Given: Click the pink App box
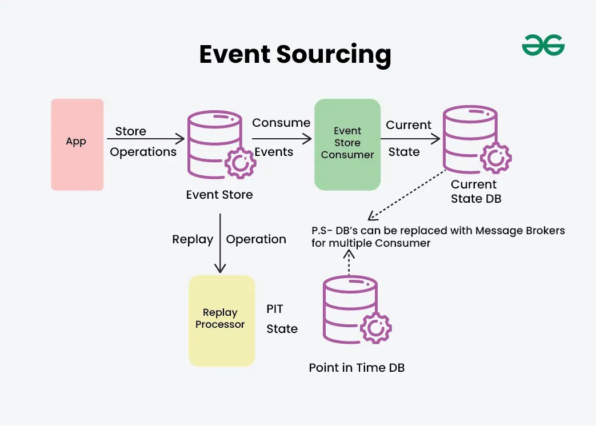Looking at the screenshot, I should point(77,144).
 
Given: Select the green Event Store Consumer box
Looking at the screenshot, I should point(347,144).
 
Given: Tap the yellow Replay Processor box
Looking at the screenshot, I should point(221,320).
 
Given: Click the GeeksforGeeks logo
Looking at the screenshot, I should point(543,45).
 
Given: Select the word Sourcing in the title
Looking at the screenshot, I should point(334,55).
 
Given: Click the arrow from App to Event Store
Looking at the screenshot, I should point(146,139).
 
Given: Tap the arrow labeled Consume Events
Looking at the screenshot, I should point(282,139).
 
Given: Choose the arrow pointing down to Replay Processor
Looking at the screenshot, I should point(220,243).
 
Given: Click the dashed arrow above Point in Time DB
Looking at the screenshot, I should point(349,263).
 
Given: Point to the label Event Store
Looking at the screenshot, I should point(219,195).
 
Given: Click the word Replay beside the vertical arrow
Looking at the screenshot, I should point(193,240).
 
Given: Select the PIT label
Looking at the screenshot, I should point(275,309).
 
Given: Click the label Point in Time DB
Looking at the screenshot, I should point(357,368).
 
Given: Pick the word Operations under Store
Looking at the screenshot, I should point(143,152).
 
